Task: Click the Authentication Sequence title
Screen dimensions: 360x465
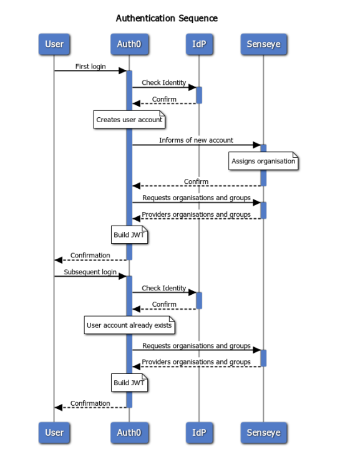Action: pos(167,18)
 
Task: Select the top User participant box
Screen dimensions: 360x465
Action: pos(54,44)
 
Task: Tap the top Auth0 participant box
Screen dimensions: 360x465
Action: pos(129,44)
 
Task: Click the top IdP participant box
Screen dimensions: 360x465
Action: pos(199,44)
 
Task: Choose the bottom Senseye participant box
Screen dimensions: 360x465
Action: pos(263,433)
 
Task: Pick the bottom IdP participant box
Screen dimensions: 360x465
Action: pos(199,433)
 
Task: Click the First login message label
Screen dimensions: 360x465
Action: pos(90,67)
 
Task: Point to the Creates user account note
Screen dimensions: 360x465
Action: pos(129,120)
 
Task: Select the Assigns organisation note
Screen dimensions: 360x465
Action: pos(263,161)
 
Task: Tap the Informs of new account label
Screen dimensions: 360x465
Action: pos(196,140)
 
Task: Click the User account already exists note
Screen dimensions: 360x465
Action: pos(129,325)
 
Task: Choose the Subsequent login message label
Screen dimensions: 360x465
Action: pos(90,272)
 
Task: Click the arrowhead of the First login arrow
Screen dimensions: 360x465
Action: pos(123,70)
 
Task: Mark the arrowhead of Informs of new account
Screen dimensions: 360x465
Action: pos(257,145)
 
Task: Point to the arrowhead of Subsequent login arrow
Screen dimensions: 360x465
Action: pos(123,276)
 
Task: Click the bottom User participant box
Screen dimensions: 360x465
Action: pos(54,433)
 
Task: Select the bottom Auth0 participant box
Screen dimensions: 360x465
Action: pos(129,433)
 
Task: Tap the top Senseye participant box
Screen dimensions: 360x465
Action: pos(263,44)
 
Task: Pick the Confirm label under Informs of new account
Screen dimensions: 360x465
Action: pos(196,181)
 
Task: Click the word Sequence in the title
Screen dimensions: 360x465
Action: pos(198,19)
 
